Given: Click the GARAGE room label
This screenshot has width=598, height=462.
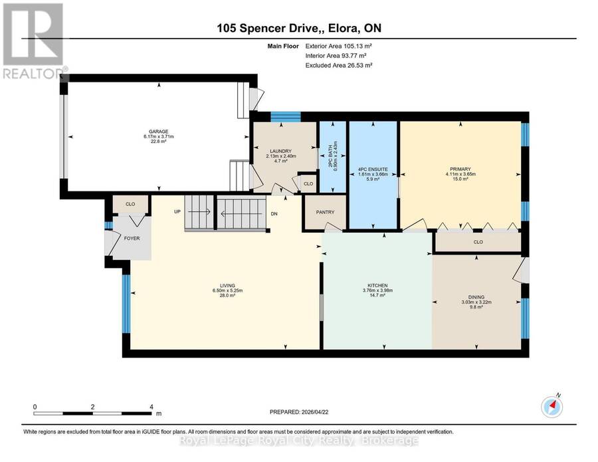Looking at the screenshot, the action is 158,132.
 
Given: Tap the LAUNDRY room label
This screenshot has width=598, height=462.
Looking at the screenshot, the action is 280,151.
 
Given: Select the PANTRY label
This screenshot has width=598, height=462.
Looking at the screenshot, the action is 325,212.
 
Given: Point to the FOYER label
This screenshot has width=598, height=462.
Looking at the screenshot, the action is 132,239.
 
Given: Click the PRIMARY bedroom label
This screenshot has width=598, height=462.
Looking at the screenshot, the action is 460,169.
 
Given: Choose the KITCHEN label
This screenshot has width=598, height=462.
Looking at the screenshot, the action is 377,285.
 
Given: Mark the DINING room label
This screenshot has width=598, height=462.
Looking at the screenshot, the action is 476,297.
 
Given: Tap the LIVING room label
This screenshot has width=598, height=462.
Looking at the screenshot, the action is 227,285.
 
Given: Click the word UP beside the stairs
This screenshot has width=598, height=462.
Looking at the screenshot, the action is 177,212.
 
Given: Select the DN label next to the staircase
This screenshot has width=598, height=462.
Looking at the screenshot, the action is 274,214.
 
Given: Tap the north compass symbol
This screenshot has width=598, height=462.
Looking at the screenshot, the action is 552,407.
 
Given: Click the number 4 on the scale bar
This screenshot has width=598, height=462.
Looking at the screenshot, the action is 151,407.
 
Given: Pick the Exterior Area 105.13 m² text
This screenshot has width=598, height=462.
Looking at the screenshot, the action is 339,46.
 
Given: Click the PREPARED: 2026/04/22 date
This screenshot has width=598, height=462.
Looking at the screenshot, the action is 299,412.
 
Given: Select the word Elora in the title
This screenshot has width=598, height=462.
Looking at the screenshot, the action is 344,28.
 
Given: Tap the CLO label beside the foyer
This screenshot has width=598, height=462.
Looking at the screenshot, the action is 130,204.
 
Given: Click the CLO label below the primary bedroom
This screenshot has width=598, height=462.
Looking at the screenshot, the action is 478,242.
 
